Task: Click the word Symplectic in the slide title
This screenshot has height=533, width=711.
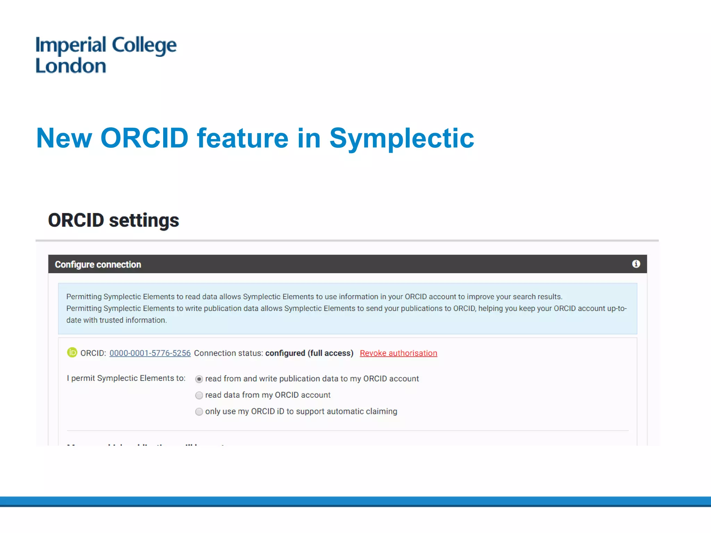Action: (x=401, y=138)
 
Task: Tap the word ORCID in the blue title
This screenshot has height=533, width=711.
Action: (x=144, y=138)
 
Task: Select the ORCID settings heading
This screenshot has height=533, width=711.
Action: (x=113, y=220)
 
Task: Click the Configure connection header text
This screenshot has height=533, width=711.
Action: (x=98, y=264)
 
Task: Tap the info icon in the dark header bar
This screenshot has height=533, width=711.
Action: (x=636, y=264)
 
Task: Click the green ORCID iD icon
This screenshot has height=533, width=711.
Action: (x=72, y=353)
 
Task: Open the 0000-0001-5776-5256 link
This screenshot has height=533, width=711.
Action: (x=150, y=353)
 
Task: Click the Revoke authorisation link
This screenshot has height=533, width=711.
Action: (x=398, y=353)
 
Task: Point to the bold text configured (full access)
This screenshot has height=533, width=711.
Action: (x=309, y=353)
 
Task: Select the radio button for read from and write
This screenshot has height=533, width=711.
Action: (x=199, y=379)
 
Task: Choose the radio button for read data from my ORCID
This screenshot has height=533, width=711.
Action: (x=199, y=395)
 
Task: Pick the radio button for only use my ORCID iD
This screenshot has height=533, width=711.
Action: (x=199, y=412)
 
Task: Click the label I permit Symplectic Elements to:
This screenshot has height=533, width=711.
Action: (x=126, y=378)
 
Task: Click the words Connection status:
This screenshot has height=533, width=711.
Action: (x=228, y=353)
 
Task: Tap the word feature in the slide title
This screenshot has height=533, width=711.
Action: (x=242, y=138)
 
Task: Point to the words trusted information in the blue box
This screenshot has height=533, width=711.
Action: (x=133, y=320)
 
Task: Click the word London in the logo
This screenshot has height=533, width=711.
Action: (x=71, y=66)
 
